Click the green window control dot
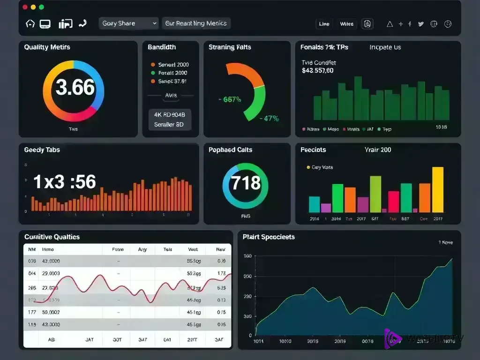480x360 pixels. click(41, 7)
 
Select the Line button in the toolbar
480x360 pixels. click(324, 24)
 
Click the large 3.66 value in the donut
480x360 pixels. click(75, 88)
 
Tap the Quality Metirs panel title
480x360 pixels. click(47, 47)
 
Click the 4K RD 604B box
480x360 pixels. click(170, 114)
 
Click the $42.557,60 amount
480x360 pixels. click(318, 71)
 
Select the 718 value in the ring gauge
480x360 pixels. click(246, 182)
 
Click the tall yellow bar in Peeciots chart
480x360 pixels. click(437, 190)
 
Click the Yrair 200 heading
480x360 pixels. click(377, 150)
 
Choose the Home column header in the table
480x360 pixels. click(48, 250)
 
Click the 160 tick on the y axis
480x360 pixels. click(247, 256)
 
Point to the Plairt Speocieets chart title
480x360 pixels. click(269, 237)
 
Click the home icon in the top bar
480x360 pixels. click(30, 23)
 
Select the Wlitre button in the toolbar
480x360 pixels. click(347, 24)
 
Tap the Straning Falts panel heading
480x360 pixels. click(230, 47)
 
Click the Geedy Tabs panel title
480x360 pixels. click(42, 150)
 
